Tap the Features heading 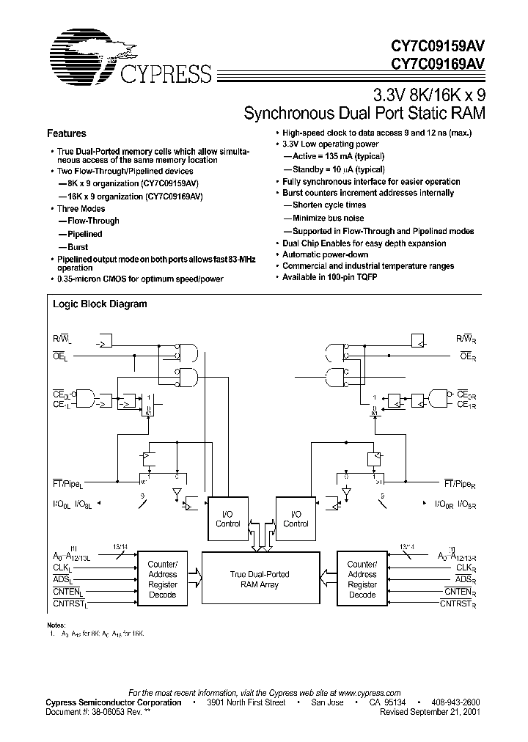tap(67, 134)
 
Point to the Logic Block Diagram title tap(100, 304)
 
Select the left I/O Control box tap(228, 519)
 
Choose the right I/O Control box tap(296, 519)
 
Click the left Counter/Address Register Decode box tap(163, 579)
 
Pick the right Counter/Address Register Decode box tap(362, 579)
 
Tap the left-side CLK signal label tap(62, 568)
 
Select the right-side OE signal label tap(465, 356)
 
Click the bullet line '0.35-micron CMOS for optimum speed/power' tap(140, 279)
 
